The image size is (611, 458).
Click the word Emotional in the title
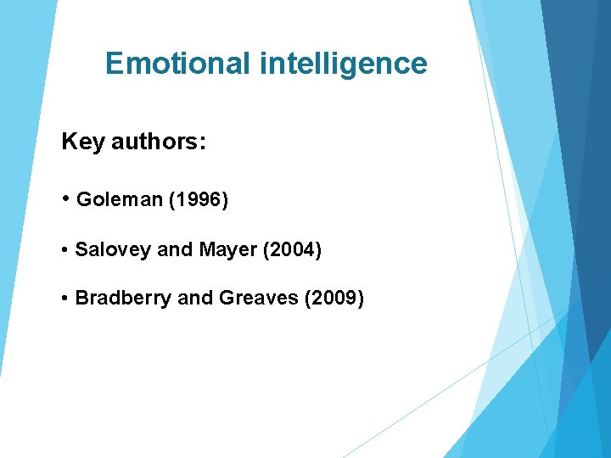point(177,64)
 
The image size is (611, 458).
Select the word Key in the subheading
point(81,142)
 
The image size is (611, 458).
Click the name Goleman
point(119,200)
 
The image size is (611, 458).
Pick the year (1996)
point(199,200)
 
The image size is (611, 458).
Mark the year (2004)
point(291,250)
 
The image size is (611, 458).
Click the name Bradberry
point(122,299)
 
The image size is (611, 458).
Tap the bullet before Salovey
point(65,251)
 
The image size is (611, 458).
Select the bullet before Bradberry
point(65,299)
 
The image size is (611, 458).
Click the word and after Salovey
point(176,250)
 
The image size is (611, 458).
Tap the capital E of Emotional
point(115,64)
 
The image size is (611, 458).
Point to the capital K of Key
point(69,142)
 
